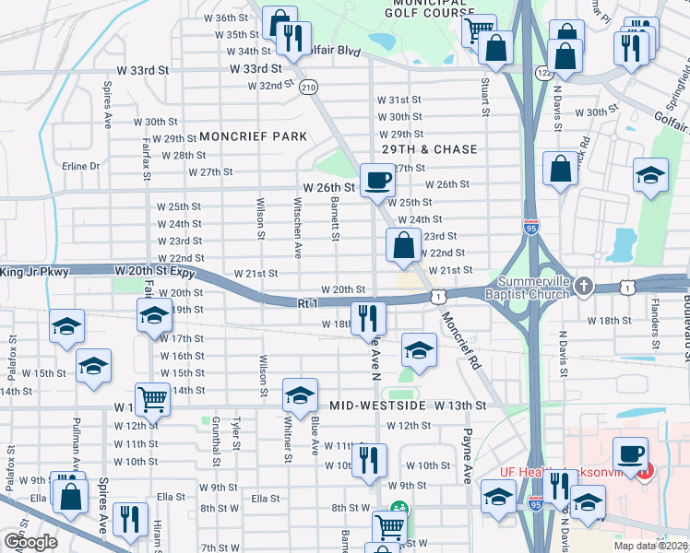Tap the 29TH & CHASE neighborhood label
tap(431, 149)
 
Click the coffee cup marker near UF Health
tap(631, 453)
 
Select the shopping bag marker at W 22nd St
tap(403, 245)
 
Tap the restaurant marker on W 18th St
tap(368, 319)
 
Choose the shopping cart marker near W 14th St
tap(153, 400)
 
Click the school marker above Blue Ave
tap(299, 395)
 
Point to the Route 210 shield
tap(309, 87)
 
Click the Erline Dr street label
tap(80, 167)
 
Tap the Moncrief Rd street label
tap(460, 340)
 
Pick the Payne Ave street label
tap(468, 455)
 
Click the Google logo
tap(30, 541)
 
